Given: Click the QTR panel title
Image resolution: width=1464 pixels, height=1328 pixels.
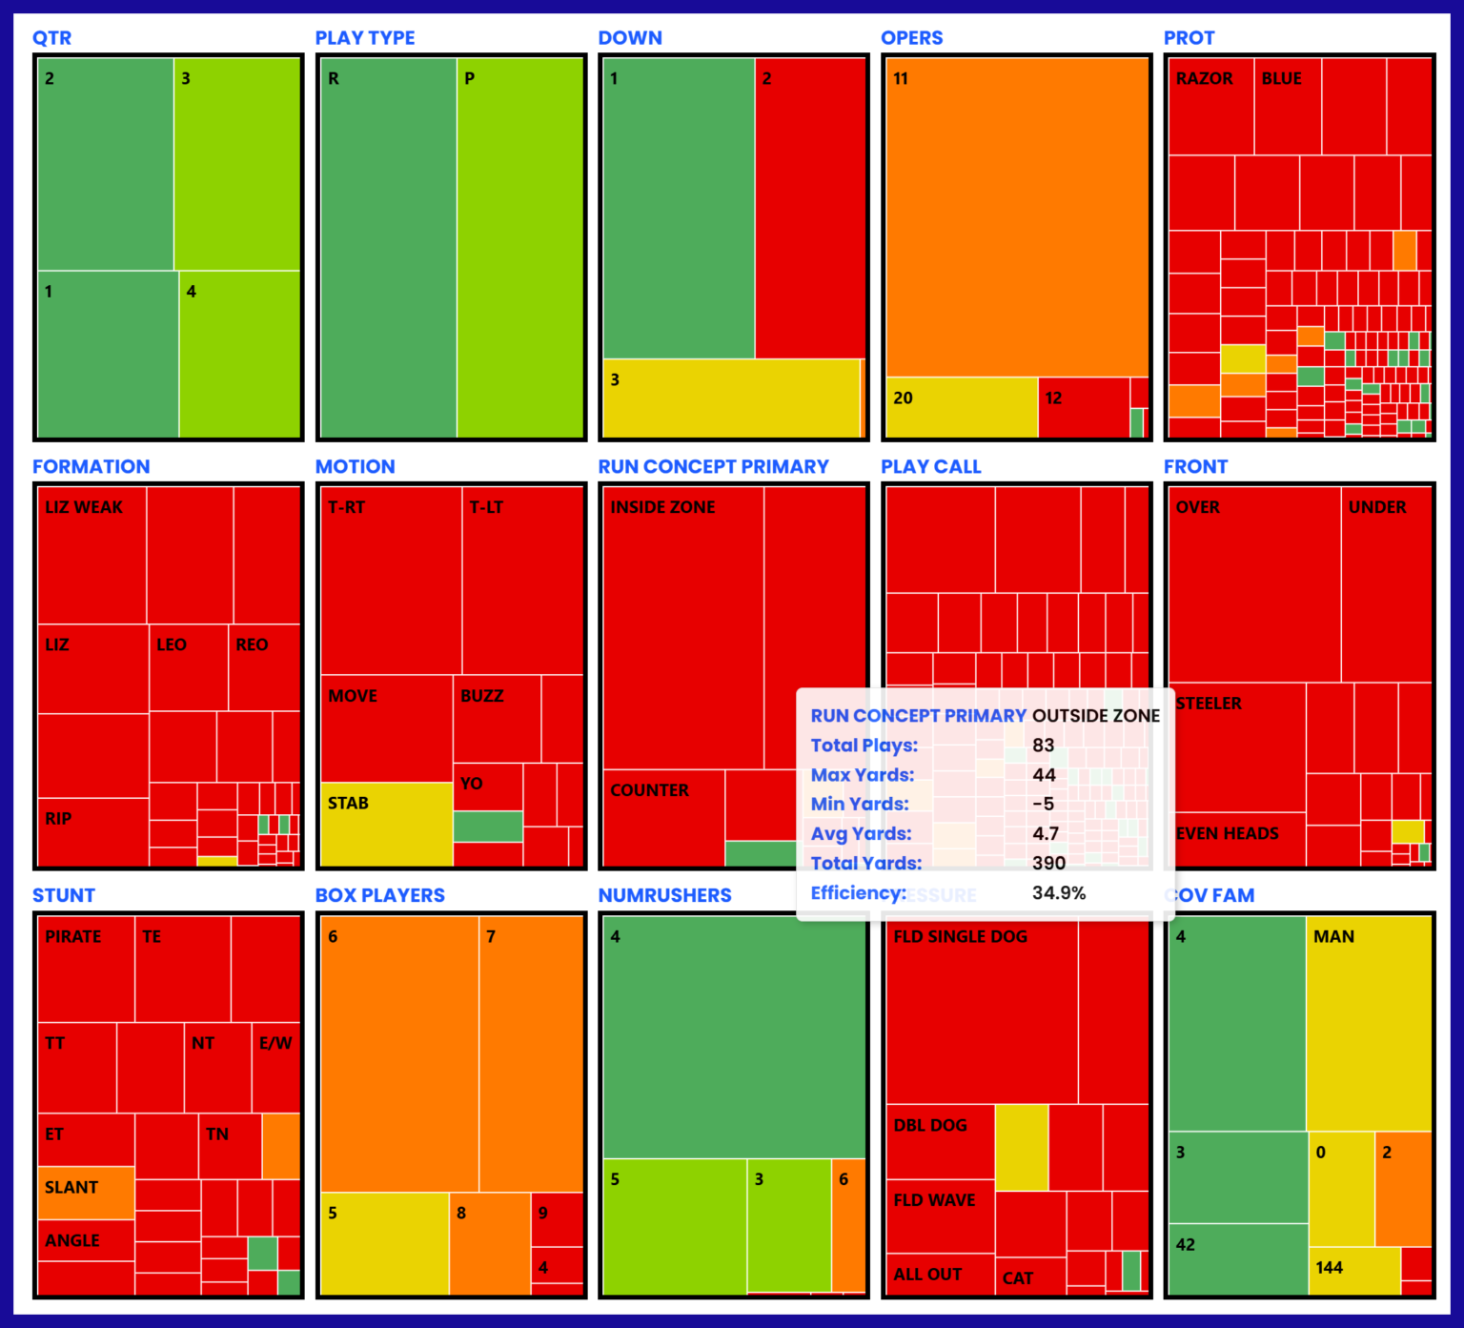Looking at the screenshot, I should point(51,38).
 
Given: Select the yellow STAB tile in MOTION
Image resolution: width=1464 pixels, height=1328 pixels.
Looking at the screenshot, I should point(386,824).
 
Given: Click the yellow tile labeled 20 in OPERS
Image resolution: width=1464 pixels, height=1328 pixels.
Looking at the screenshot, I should point(961,408).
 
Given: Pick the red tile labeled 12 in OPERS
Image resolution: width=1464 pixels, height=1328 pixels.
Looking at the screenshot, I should point(1083,408).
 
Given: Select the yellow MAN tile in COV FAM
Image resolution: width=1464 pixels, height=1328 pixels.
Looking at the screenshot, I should point(1369,1022).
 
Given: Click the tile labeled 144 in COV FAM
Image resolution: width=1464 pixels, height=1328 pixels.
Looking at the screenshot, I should point(1353,1271).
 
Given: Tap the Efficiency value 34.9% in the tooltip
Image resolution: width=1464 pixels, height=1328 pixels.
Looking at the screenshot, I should point(1059,893).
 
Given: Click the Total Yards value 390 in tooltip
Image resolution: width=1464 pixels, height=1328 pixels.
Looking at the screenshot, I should point(1048,864).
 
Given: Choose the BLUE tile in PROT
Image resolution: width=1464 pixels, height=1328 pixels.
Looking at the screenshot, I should point(1287,105).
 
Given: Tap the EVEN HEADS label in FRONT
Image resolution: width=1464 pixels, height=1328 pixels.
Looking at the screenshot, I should point(1228,834).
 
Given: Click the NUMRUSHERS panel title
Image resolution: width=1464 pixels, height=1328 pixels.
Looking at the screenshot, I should point(664,895).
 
